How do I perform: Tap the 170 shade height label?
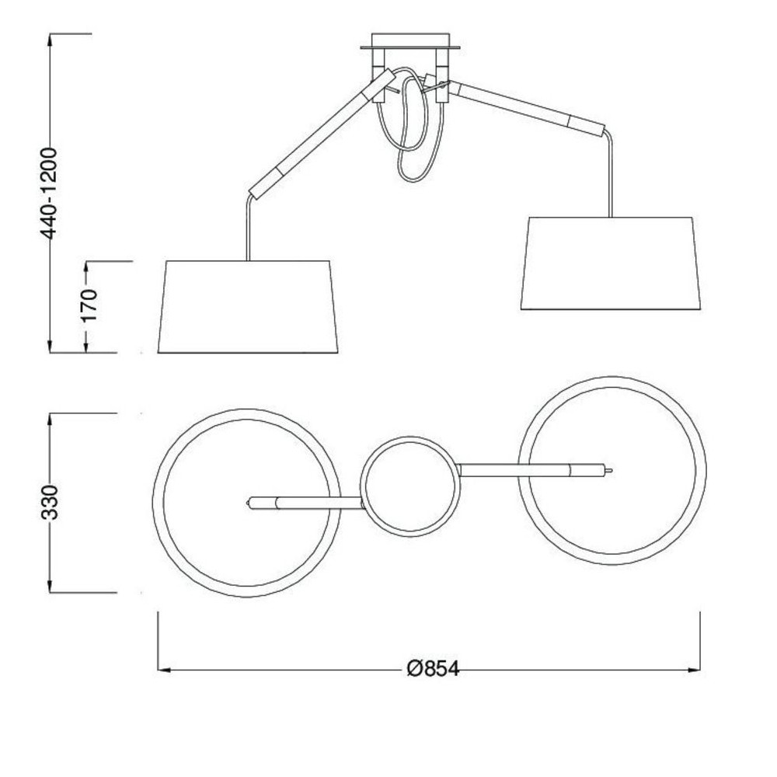click(89, 305)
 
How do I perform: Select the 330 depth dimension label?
click(50, 503)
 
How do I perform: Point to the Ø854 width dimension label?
click(433, 669)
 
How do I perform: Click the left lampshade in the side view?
click(248, 307)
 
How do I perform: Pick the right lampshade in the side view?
click(611, 263)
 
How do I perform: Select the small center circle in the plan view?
click(410, 437)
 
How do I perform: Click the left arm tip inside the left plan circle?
click(249, 503)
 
